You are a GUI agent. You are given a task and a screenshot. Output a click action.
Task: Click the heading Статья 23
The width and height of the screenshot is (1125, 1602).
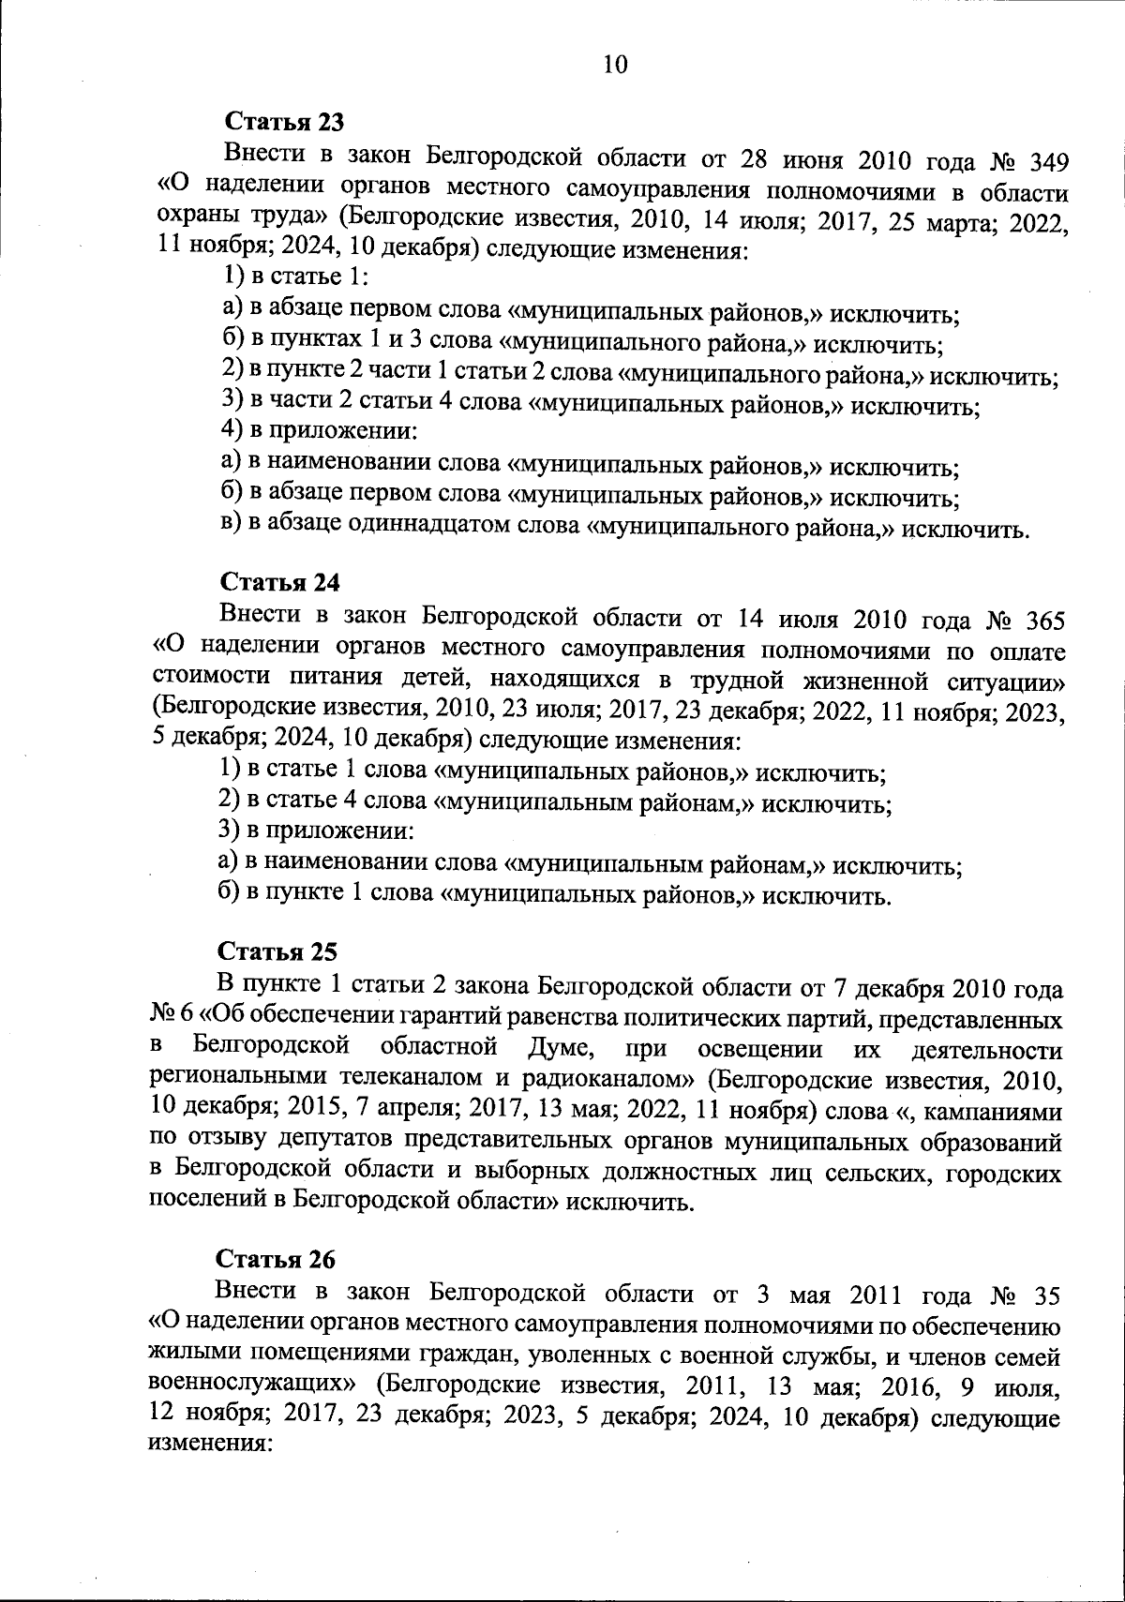tap(284, 123)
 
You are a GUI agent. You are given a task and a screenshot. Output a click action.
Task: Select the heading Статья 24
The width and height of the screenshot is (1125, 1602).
tap(279, 582)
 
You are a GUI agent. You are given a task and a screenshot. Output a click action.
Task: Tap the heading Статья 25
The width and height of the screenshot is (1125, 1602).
tap(277, 951)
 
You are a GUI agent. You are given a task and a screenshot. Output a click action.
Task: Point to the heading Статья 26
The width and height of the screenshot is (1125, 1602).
tap(276, 1258)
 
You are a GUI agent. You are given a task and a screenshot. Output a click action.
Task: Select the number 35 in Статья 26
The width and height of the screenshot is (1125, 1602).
tap(1047, 1296)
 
